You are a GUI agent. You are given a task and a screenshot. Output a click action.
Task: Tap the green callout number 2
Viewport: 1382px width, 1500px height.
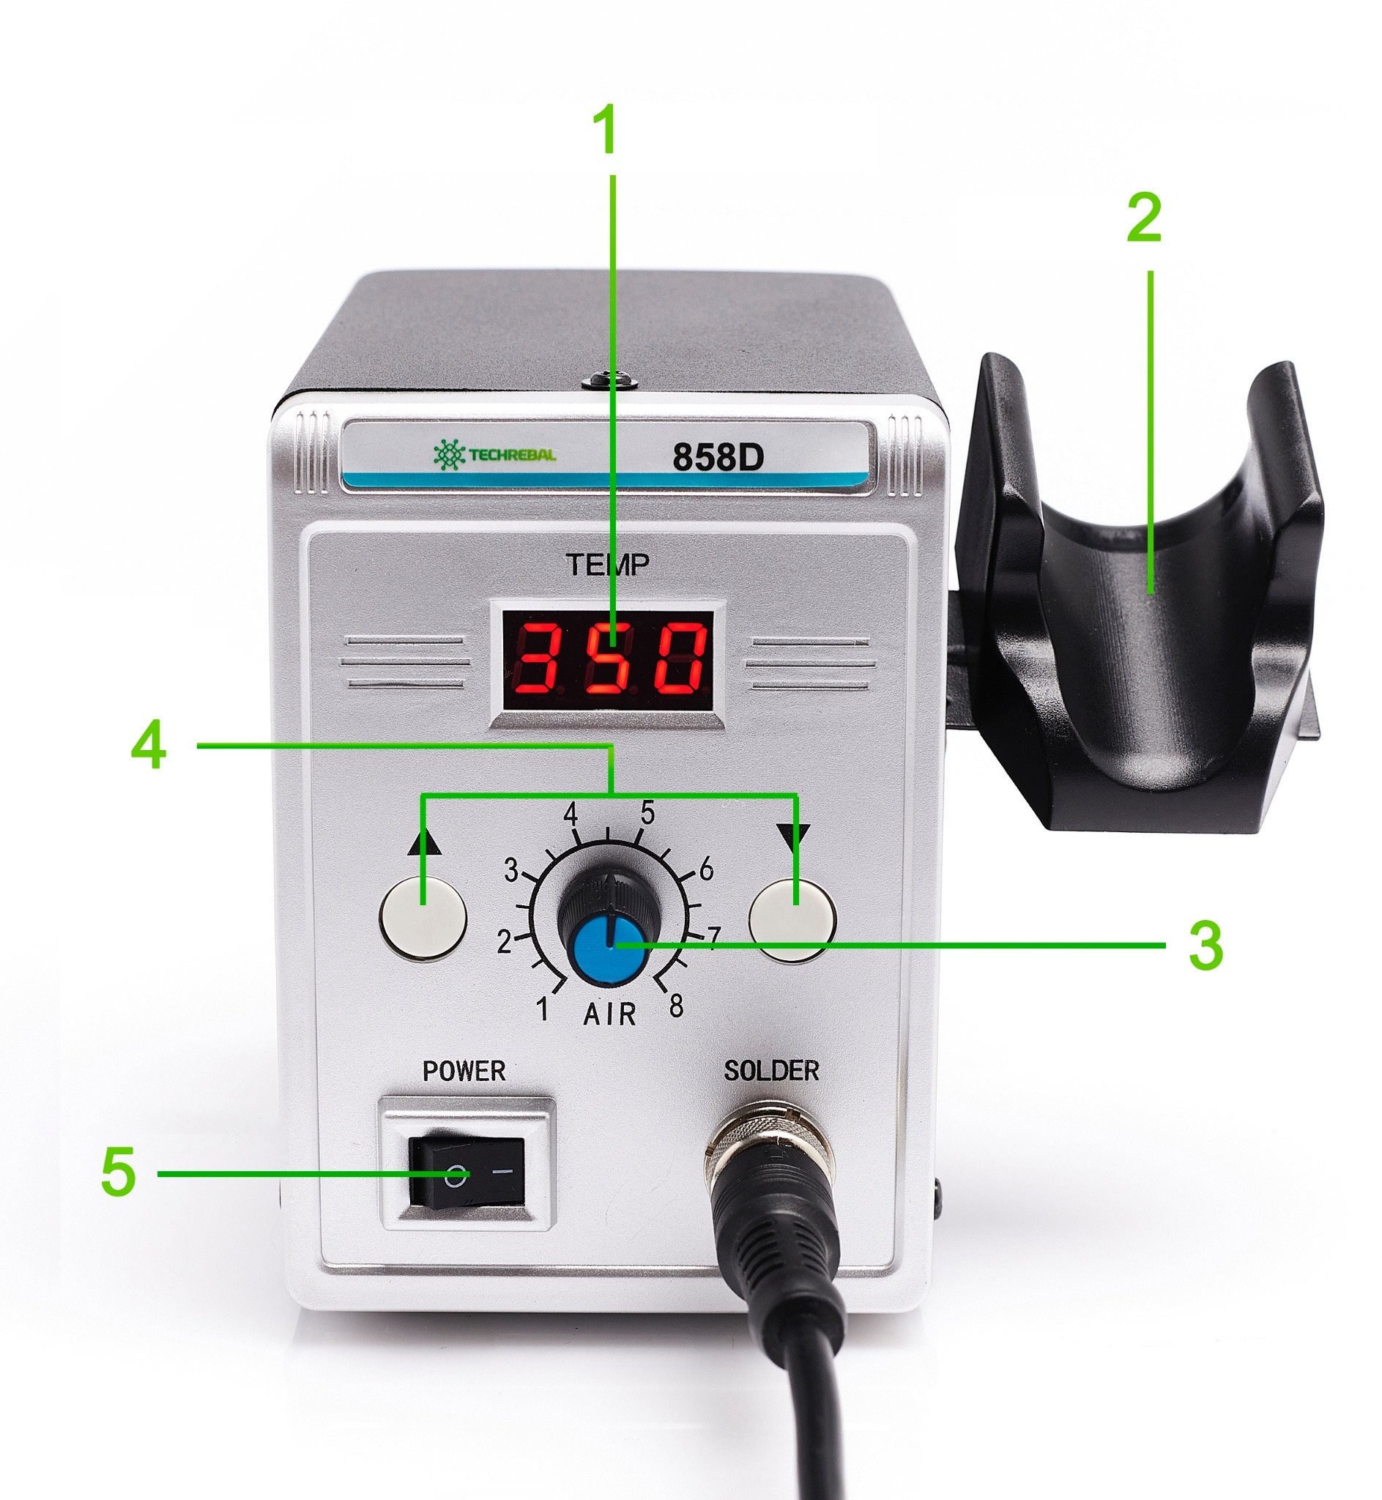tap(1144, 218)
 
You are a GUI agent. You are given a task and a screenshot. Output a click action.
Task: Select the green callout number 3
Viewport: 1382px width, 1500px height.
tap(1205, 945)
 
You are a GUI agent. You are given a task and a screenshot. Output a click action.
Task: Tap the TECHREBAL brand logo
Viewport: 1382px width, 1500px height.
tap(494, 454)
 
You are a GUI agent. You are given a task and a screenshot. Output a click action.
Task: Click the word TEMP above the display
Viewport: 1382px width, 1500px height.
tap(606, 565)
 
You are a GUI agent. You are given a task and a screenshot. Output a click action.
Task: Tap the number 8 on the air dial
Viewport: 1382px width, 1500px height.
tap(676, 1006)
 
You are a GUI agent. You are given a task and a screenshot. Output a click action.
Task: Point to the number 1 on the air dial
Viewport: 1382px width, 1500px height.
tap(543, 1009)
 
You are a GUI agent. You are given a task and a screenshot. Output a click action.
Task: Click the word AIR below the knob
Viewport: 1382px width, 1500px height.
tap(609, 1014)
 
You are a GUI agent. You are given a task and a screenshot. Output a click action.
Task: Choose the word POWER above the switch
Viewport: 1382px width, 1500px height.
tap(464, 1071)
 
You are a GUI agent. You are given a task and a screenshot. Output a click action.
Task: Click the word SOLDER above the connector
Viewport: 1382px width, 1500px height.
tap(771, 1071)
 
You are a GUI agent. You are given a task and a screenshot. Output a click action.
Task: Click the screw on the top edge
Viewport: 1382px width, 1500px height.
tap(609, 382)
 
